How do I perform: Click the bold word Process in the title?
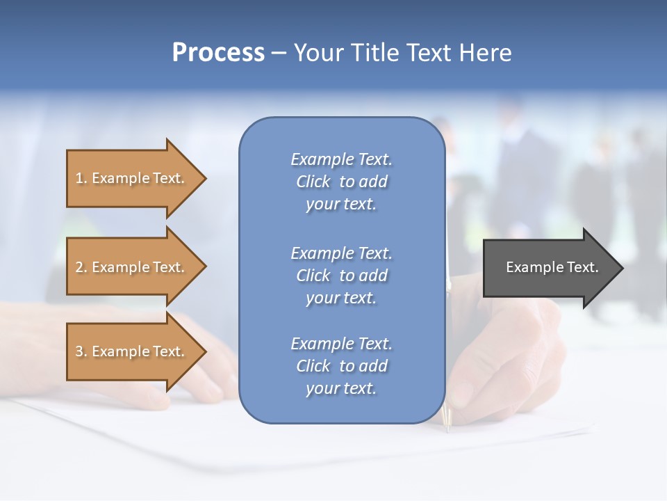(218, 53)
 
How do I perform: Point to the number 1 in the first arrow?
(79, 178)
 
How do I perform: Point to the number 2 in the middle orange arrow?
(79, 267)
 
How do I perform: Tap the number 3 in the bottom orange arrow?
(79, 351)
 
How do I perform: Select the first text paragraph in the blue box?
(341, 182)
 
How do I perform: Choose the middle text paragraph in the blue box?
(341, 276)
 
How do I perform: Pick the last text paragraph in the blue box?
(341, 366)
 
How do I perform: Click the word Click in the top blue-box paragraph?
(313, 182)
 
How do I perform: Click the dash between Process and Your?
(279, 54)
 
